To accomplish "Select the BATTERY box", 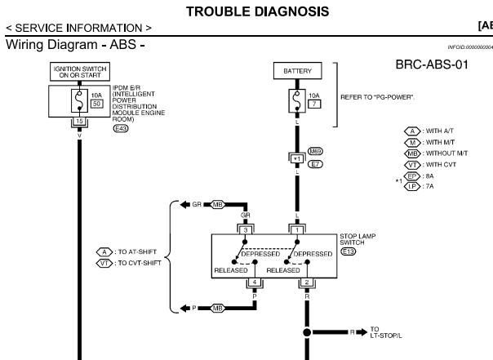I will [297, 72].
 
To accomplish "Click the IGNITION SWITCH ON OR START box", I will [78, 72].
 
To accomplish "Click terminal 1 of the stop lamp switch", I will [297, 229].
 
